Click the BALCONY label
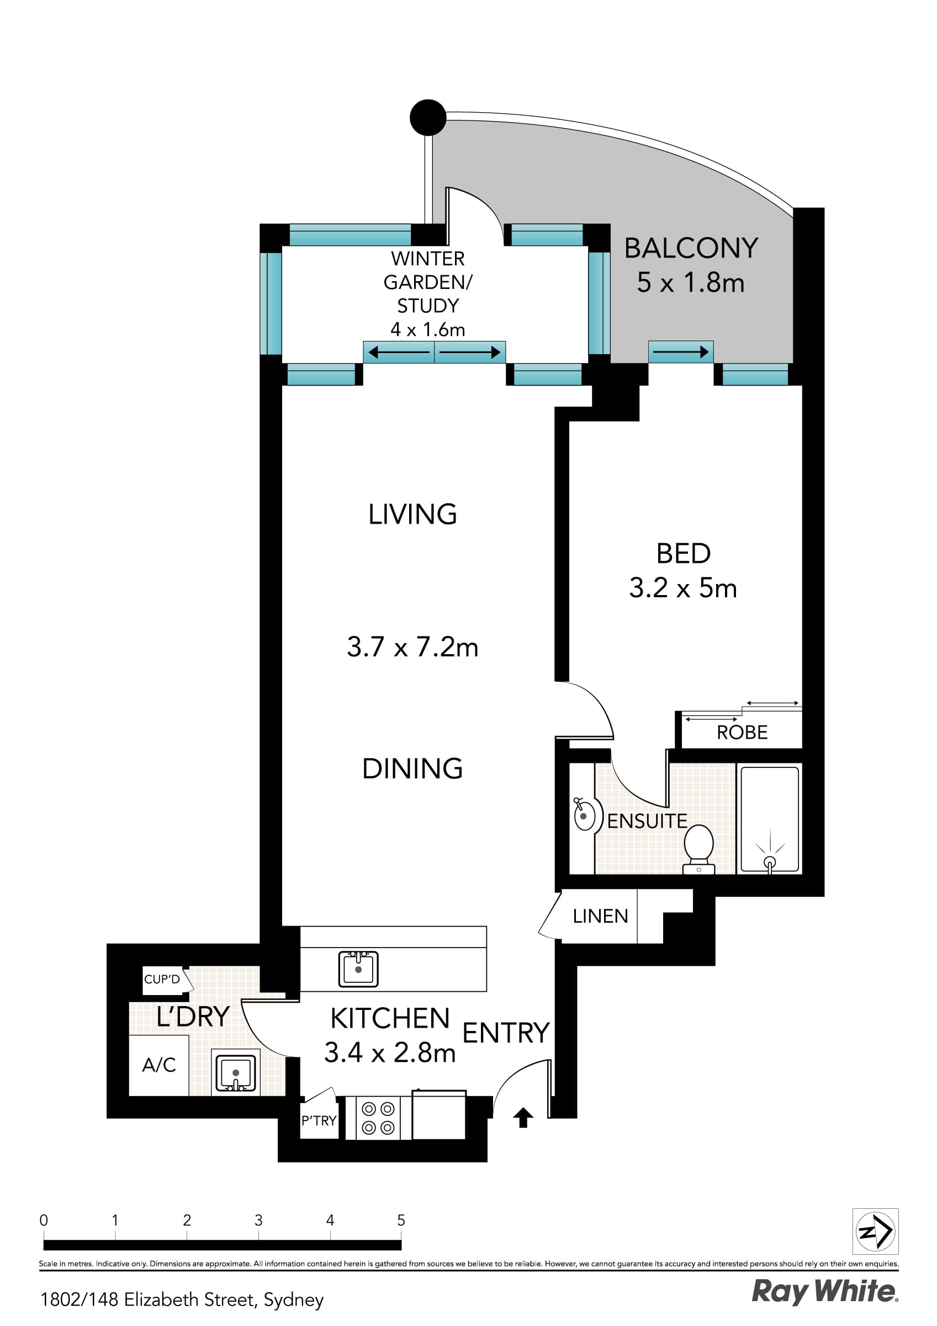click(x=691, y=248)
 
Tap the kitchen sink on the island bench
click(x=358, y=969)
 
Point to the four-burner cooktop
click(x=378, y=1118)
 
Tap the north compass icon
click(x=875, y=1232)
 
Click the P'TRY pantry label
click(x=319, y=1120)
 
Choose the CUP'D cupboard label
click(x=162, y=979)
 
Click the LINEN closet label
click(x=600, y=916)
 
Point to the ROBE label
click(x=742, y=732)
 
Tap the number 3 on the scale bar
click(x=258, y=1220)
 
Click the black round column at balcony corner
click(x=428, y=117)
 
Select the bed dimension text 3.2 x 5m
click(x=683, y=588)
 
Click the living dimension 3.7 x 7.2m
click(x=412, y=647)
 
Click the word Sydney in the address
click(x=293, y=1299)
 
